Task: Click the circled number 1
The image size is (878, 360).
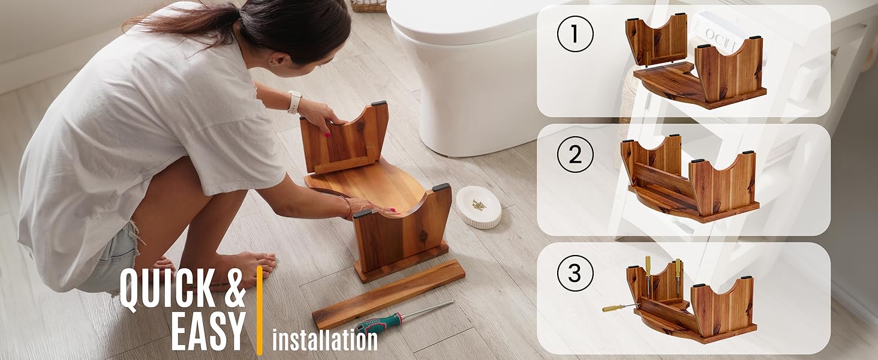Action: (575, 34)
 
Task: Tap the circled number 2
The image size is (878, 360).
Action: (575, 154)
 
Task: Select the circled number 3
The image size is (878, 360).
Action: (575, 273)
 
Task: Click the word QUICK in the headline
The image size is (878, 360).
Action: (167, 288)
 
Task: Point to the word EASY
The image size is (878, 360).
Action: (209, 331)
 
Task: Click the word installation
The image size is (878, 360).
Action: (325, 340)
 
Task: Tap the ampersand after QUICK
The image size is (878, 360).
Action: (234, 288)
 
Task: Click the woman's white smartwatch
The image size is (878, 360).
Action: (294, 102)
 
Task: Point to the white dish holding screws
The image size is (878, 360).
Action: (479, 207)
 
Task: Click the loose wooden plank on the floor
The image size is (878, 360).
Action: (389, 294)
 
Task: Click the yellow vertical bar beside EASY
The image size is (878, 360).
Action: (259, 310)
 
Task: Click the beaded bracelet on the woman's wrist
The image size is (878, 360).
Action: (348, 206)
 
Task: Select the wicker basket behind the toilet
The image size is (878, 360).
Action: (368, 5)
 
